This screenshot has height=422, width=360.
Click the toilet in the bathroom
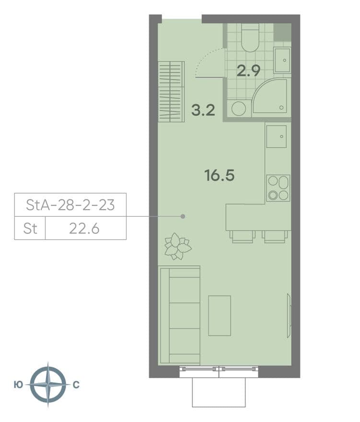pyautogui.click(x=250, y=37)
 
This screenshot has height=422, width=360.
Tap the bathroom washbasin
pyautogui.click(x=282, y=60)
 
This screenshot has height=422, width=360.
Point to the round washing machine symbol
pyautogui.click(x=239, y=108)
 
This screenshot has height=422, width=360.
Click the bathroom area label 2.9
pyautogui.click(x=248, y=71)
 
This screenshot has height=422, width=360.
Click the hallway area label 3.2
pyautogui.click(x=203, y=110)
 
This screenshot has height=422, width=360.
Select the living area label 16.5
pyautogui.click(x=219, y=176)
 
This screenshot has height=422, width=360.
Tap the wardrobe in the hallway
pyautogui.click(x=171, y=92)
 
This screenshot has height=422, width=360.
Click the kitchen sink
pyautogui.click(x=276, y=137)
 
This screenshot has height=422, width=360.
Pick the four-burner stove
pyautogui.click(x=278, y=188)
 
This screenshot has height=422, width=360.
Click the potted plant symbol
pyautogui.click(x=177, y=246)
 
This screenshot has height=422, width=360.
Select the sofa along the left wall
pyautogui.click(x=179, y=316)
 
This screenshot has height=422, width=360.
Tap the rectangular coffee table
pyautogui.click(x=220, y=316)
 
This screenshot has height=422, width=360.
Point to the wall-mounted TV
pyautogui.click(x=289, y=316)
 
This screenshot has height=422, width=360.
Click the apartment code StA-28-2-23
pyautogui.click(x=70, y=205)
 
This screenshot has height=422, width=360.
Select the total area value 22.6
pyautogui.click(x=84, y=229)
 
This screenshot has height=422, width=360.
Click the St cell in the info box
pyautogui.click(x=30, y=229)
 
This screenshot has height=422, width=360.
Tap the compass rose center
pyautogui.click(x=48, y=385)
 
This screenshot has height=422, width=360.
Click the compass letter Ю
pyautogui.click(x=18, y=385)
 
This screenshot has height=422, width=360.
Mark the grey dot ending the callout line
pyautogui.click(x=183, y=216)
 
